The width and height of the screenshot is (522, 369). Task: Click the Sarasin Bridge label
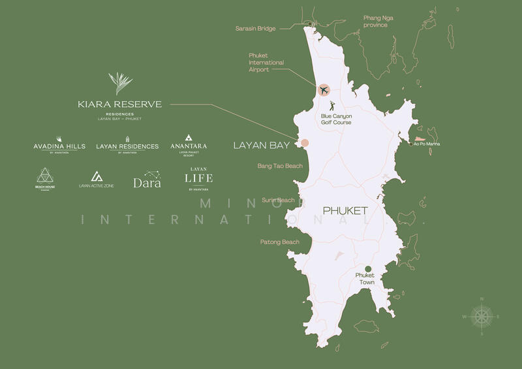256,29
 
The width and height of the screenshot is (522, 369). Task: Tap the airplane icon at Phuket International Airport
324,90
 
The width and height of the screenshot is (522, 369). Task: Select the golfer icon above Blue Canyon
333,105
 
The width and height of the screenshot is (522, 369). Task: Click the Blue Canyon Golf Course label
336,120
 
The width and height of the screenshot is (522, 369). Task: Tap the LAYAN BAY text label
262,146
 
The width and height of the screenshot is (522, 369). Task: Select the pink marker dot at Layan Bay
304,143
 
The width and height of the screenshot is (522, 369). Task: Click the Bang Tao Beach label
280,167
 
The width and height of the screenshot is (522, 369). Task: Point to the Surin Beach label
278,200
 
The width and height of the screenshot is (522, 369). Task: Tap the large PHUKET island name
345,211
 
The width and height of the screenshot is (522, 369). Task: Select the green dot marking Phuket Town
368,269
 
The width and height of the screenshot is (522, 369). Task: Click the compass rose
482,316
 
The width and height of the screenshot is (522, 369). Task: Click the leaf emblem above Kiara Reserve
120,83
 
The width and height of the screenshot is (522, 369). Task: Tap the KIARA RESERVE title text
119,104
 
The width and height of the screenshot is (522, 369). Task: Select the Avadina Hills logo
59,145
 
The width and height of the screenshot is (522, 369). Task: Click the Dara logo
147,180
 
